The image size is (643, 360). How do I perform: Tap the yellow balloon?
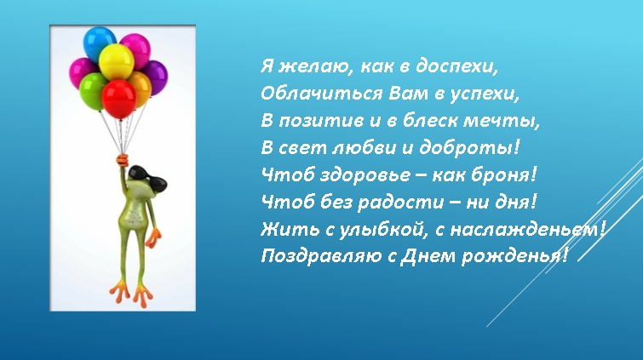(117, 62)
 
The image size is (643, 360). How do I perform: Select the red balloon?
(119, 100)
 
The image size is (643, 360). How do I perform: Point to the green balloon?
(91, 90)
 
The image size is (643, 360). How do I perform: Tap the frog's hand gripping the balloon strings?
(123, 159)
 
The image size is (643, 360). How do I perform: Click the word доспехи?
(456, 66)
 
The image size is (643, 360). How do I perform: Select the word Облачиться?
(321, 94)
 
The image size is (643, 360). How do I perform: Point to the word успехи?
(485, 94)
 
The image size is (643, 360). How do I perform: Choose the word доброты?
(469, 147)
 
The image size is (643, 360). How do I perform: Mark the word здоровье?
(365, 175)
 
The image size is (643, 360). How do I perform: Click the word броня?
(503, 175)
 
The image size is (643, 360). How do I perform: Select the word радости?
(400, 203)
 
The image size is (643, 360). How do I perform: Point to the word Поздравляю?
(321, 257)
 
